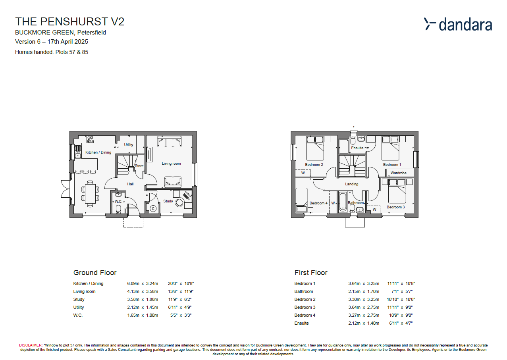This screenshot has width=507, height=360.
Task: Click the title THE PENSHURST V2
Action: (x=69, y=21)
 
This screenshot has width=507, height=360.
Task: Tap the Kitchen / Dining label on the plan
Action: (x=98, y=152)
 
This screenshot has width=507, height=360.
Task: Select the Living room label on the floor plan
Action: (x=171, y=164)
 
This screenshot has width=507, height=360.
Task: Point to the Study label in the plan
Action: (x=168, y=201)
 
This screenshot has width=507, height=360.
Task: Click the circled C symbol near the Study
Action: (x=153, y=208)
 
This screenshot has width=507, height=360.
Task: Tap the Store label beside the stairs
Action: (x=139, y=166)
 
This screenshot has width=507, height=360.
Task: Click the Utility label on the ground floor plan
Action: (x=129, y=145)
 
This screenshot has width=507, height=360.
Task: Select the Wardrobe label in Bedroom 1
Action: (x=398, y=173)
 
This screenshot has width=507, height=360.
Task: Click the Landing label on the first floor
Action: (x=351, y=184)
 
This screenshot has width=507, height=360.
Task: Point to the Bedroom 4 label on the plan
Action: (x=318, y=203)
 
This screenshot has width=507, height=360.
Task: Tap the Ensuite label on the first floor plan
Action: (x=357, y=148)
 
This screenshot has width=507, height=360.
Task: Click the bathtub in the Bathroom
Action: (x=342, y=202)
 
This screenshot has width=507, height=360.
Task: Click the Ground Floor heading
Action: (x=95, y=273)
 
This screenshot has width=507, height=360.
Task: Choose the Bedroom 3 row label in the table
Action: (x=305, y=307)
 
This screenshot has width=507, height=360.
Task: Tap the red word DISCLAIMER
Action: (x=31, y=346)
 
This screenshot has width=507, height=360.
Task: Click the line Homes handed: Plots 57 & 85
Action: (x=52, y=52)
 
